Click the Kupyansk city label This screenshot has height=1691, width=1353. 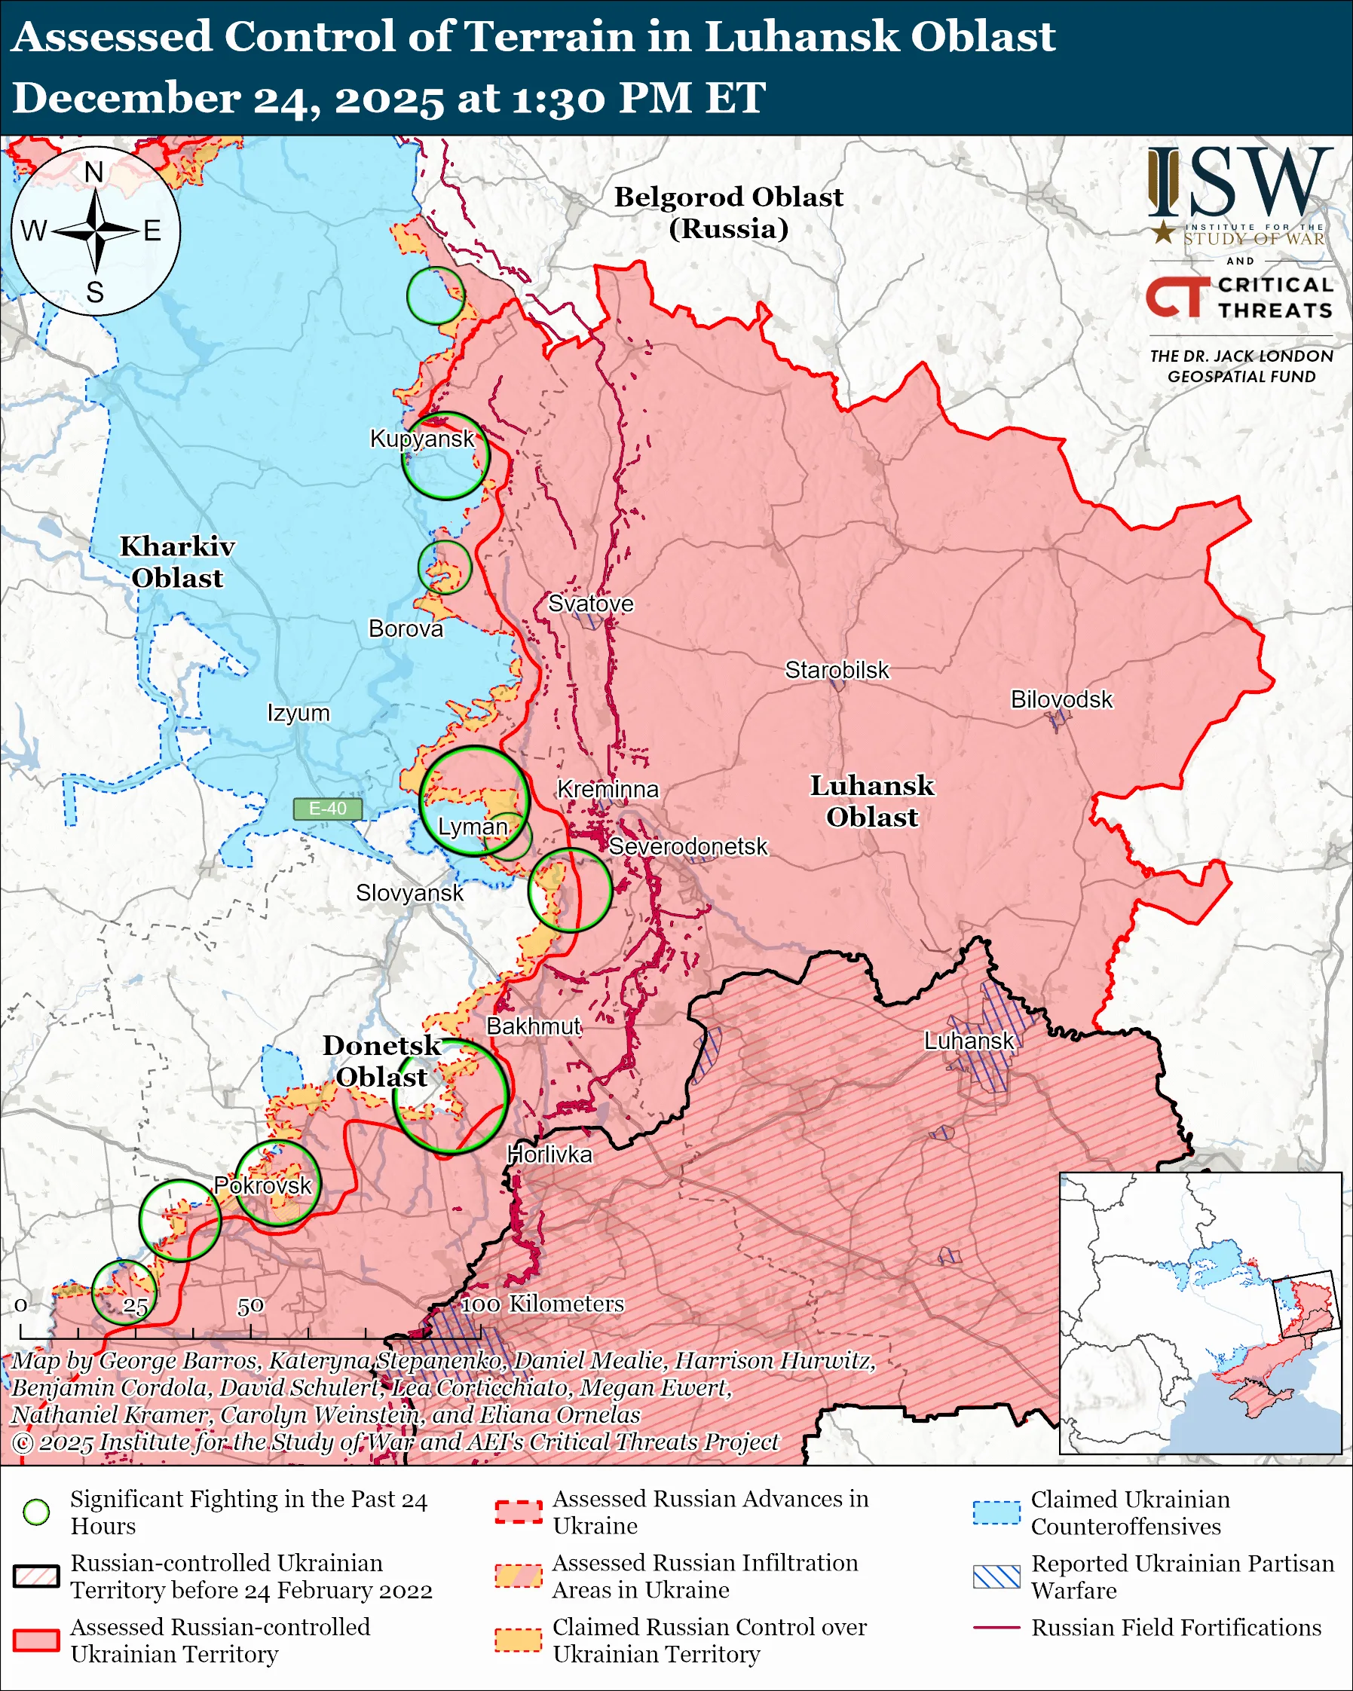pos(422,439)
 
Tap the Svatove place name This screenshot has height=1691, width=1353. pos(590,604)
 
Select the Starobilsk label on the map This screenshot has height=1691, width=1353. pos(837,671)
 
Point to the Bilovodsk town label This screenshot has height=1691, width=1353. pos(1061,699)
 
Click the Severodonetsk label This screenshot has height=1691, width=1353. pos(688,847)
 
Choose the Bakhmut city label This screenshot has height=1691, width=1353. pos(534,1026)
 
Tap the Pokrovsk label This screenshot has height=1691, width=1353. pos(263,1185)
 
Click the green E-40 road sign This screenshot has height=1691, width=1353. pos(328,809)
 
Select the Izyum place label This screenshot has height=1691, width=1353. pos(298,714)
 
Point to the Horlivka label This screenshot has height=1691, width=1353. pos(549,1154)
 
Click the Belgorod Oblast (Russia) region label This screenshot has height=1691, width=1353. pos(728,213)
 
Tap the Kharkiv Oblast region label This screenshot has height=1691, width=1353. pos(177,561)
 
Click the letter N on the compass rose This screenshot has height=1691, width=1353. pos(94,172)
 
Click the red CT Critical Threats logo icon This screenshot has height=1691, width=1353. pos(1177,297)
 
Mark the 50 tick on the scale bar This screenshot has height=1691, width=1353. pos(250,1307)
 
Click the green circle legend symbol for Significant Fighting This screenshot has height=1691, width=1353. pos(37,1512)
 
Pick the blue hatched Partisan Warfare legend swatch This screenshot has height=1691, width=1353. pos(996,1577)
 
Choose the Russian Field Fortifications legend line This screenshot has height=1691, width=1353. pos(996,1628)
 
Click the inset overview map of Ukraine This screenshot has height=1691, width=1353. pos(1200,1313)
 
